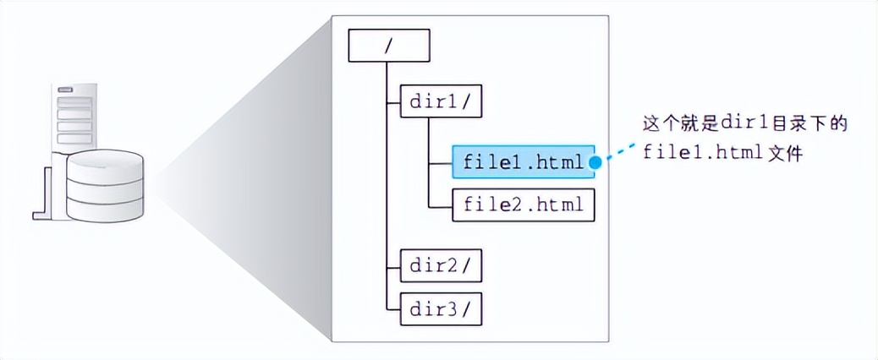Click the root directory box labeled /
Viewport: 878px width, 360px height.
point(389,46)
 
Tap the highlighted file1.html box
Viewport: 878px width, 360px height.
point(524,161)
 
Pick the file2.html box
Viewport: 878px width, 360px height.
point(524,205)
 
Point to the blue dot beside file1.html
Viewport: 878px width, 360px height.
point(595,161)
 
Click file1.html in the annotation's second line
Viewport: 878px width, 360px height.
point(701,153)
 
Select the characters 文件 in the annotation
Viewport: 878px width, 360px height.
point(782,153)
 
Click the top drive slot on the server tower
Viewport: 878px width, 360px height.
point(74,102)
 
